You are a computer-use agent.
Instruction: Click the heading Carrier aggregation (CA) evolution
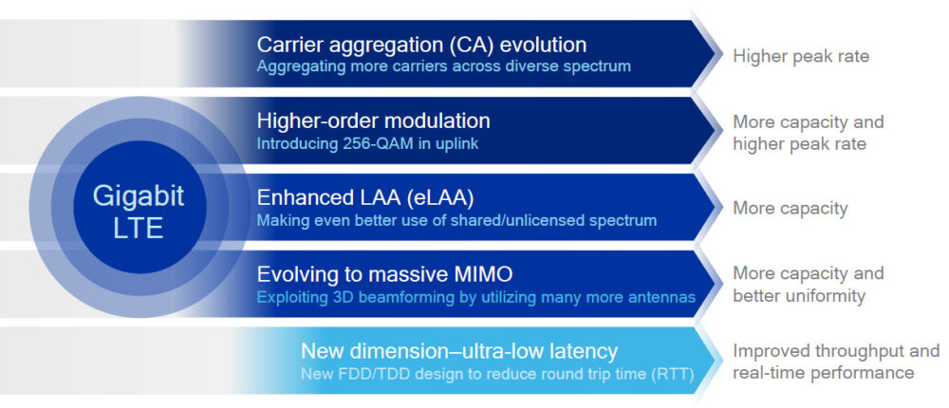pos(421,45)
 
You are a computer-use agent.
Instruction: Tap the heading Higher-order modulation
pos(373,121)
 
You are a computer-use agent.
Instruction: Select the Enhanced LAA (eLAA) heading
pos(364,197)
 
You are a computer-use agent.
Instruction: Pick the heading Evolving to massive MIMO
pos(384,274)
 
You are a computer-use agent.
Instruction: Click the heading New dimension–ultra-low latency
pos(458,350)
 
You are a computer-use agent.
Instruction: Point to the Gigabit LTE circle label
pos(138,212)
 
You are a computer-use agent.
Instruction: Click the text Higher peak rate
pos(800,56)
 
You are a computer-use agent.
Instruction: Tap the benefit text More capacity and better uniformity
pos(808,285)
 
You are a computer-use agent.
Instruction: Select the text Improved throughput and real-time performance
pos(835,362)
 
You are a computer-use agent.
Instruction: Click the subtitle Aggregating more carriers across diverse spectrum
pos(443,66)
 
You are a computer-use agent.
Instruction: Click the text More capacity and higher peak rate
pos(808,133)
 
